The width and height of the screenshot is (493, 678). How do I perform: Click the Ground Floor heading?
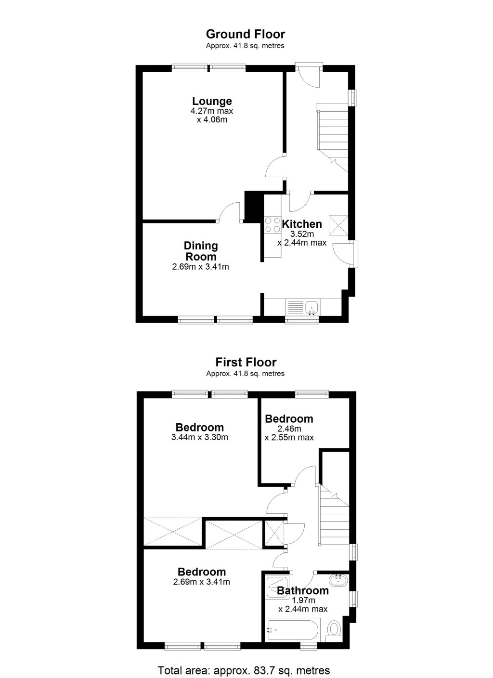tap(245, 34)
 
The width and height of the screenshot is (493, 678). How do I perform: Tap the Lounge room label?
tap(212, 101)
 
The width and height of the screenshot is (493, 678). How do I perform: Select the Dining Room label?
tap(201, 251)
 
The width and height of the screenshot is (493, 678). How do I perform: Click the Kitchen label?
tap(302, 224)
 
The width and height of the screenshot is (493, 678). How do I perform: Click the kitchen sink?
tap(311, 307)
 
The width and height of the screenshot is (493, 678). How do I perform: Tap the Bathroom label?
tap(303, 590)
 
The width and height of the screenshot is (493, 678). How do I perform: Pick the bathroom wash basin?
tap(339, 580)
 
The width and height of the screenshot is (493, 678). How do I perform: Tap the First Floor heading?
tap(246, 362)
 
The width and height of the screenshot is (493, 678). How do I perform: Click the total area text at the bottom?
tap(244, 670)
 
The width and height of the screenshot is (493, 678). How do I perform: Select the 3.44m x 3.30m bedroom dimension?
tap(199, 438)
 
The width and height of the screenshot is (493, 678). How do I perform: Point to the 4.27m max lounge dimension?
tap(212, 111)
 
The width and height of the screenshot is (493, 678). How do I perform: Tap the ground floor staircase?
tap(333, 135)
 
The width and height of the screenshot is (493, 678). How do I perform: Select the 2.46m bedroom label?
tap(289, 419)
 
